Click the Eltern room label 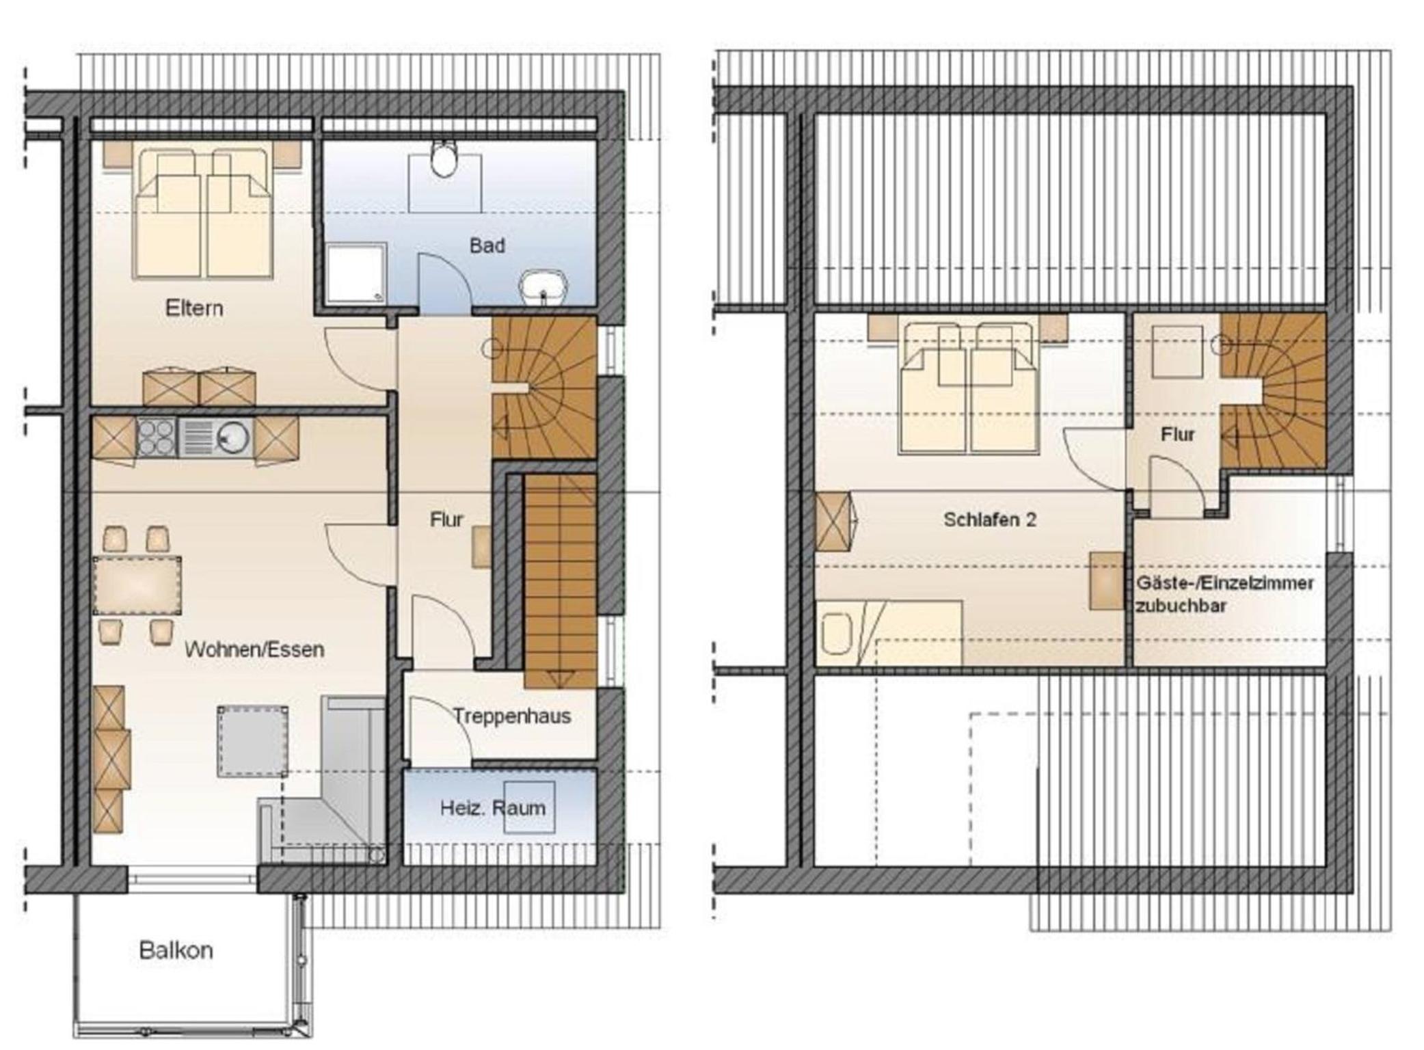(x=194, y=308)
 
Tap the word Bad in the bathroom (x=487, y=245)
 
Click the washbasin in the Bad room (x=544, y=287)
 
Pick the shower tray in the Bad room (x=355, y=273)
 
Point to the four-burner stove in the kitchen (x=157, y=437)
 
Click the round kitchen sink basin (x=232, y=437)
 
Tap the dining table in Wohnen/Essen (x=137, y=586)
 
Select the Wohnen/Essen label (x=254, y=649)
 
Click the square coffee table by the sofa (x=252, y=742)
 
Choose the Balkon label (x=176, y=950)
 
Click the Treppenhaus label (x=512, y=716)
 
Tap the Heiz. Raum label (x=493, y=808)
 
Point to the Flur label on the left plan (x=446, y=520)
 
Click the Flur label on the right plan (x=1177, y=434)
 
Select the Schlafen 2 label (x=990, y=520)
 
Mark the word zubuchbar (x=1181, y=606)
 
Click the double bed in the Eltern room (x=204, y=213)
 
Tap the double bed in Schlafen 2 (x=969, y=388)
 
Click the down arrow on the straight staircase (x=561, y=679)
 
